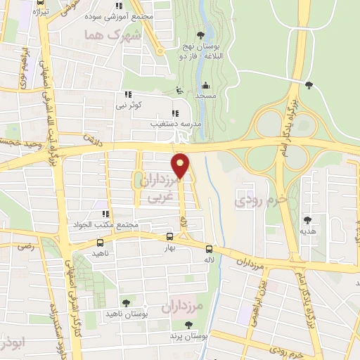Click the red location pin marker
point(181,165)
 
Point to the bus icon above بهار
point(169,237)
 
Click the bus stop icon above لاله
point(210,248)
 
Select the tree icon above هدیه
point(307,219)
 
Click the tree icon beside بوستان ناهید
point(125,302)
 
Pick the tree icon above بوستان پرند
point(189,324)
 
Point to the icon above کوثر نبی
point(127,94)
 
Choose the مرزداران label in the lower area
point(182,307)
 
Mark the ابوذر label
point(11,345)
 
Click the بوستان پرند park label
point(186,337)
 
